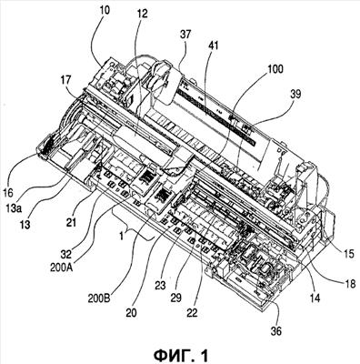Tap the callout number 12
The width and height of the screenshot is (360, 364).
point(142,14)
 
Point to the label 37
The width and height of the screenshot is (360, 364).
point(185,35)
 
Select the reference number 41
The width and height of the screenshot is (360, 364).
point(213,45)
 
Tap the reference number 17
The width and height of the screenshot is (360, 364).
point(65,80)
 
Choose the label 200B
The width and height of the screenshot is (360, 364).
point(100,298)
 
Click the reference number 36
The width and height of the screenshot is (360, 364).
point(275,331)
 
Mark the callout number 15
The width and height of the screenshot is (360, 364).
point(349,254)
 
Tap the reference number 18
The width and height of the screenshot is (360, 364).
point(349,284)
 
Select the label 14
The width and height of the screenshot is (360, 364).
point(315,298)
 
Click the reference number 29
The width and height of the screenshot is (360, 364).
point(175,298)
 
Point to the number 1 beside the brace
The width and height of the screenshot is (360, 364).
point(122,236)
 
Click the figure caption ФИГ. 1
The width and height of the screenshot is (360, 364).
point(181,355)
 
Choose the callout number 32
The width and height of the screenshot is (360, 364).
point(65,254)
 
